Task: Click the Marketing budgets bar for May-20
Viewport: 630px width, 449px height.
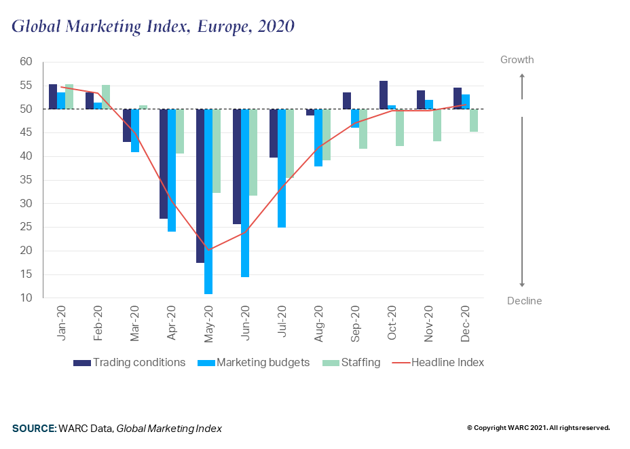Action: [208, 201]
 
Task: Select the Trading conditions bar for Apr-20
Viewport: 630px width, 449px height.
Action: [164, 164]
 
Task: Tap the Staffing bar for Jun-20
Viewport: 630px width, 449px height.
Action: [253, 152]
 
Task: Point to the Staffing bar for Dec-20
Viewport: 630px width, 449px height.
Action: [474, 120]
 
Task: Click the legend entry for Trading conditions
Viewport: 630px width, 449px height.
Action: [129, 363]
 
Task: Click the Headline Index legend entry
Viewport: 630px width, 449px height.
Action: [438, 363]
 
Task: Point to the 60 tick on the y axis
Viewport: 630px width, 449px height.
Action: [26, 62]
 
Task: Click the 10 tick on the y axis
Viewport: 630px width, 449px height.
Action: [26, 298]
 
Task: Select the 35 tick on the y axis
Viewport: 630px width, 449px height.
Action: [26, 180]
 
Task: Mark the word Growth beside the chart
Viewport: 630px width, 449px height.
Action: [517, 60]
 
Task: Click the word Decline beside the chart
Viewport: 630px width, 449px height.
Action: [524, 301]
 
